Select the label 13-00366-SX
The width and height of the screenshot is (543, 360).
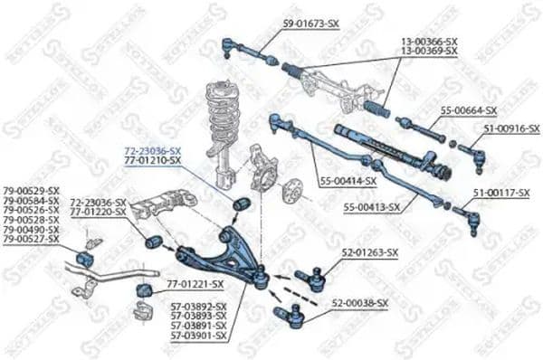coord(429,42)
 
